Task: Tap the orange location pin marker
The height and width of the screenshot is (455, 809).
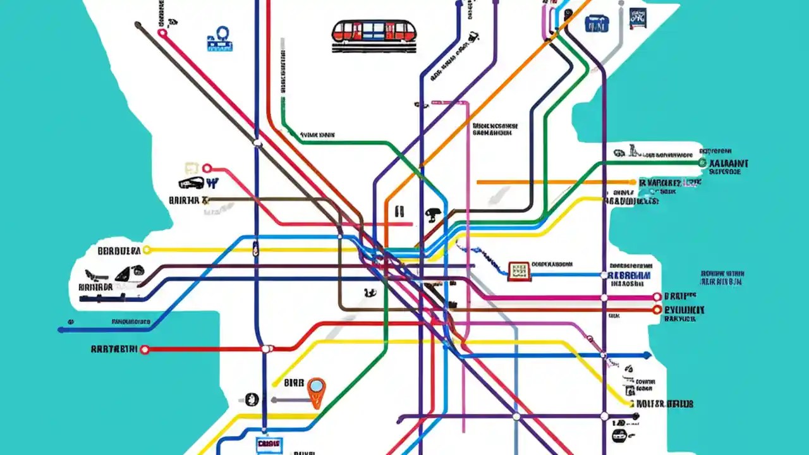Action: tap(316, 388)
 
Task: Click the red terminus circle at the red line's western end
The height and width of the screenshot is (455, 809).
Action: tap(144, 349)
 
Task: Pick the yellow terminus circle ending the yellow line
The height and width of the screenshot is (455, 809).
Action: tap(147, 250)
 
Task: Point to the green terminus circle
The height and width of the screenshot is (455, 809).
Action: tap(702, 162)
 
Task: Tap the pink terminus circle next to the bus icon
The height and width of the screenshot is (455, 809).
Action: tap(206, 169)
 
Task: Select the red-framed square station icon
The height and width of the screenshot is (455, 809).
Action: tap(518, 270)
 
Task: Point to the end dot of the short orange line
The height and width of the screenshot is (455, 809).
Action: tap(633, 182)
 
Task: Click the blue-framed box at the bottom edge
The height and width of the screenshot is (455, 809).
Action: tap(269, 444)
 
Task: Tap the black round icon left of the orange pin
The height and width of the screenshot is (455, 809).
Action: tap(252, 399)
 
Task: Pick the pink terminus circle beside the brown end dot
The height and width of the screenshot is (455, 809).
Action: tap(162, 33)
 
